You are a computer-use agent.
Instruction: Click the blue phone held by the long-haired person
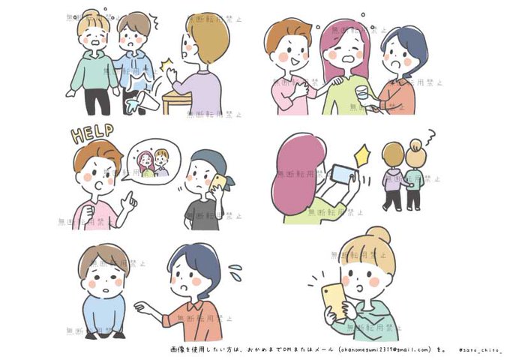click(342, 175)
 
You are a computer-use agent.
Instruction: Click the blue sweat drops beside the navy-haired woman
click(235, 268)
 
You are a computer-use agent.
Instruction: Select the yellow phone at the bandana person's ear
click(220, 183)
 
